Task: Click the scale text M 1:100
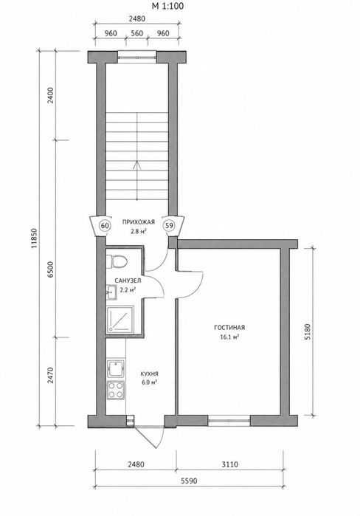(x=168, y=6)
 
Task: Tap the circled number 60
(x=105, y=226)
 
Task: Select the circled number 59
(x=169, y=226)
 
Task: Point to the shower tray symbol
(x=120, y=319)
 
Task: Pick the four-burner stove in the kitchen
(x=116, y=390)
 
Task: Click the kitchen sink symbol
(x=116, y=369)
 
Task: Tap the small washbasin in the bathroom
(x=111, y=292)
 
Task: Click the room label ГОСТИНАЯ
(x=229, y=328)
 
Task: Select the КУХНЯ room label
(x=150, y=374)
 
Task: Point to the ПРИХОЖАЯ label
(x=139, y=222)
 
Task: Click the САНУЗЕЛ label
(x=128, y=281)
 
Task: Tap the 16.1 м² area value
(x=229, y=337)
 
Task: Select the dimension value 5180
(x=308, y=331)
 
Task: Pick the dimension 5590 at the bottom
(x=189, y=481)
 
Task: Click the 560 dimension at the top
(x=136, y=33)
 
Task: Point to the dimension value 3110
(x=229, y=464)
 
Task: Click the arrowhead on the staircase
(x=136, y=165)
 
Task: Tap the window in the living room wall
(x=229, y=420)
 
